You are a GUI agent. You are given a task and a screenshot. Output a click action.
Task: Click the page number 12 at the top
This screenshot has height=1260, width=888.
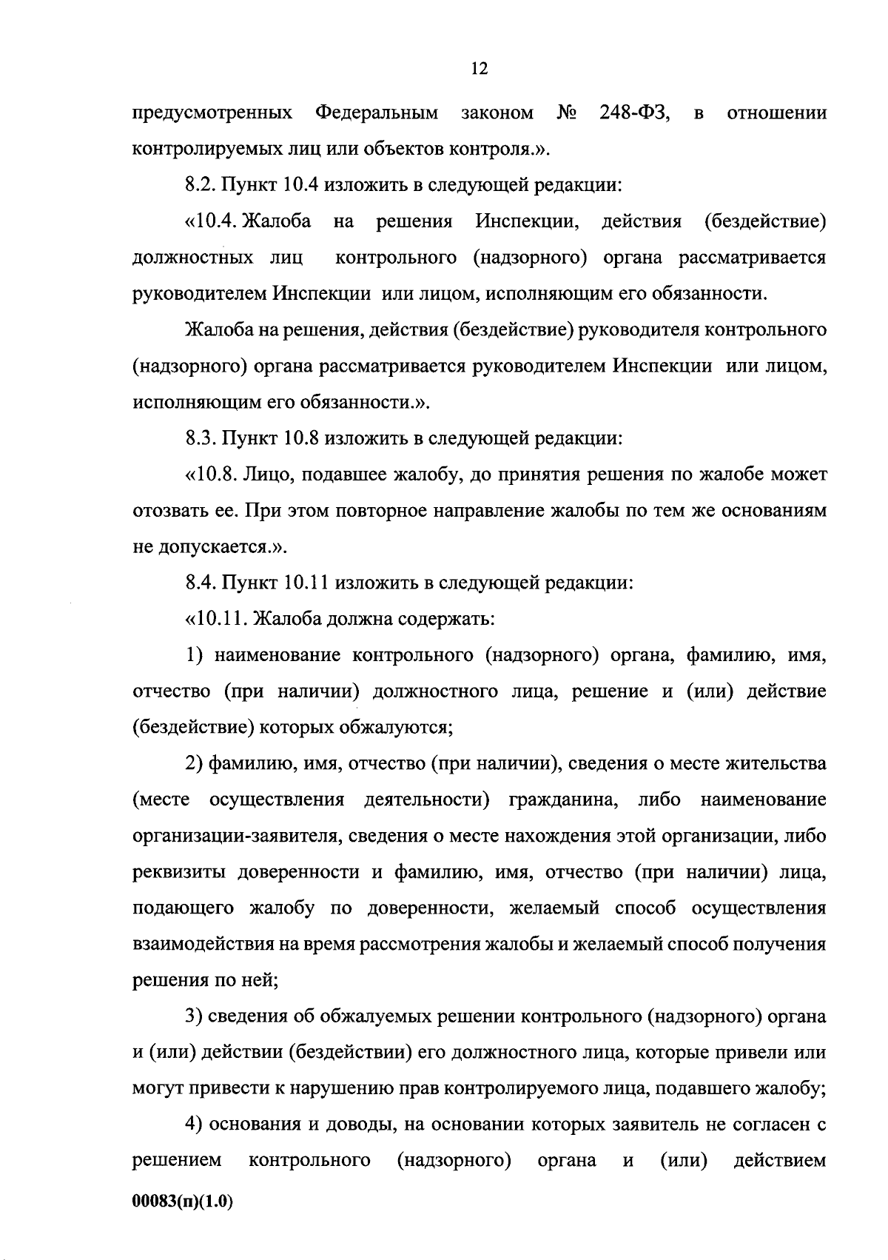479,69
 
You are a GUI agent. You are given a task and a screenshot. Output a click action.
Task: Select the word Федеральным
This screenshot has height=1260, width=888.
376,113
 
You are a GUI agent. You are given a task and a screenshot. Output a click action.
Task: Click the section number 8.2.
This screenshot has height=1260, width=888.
199,185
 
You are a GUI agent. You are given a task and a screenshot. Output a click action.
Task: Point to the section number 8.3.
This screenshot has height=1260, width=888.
199,438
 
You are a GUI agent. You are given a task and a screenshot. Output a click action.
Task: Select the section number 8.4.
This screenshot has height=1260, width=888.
199,583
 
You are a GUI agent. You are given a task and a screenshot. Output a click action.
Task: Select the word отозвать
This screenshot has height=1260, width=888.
165,511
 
